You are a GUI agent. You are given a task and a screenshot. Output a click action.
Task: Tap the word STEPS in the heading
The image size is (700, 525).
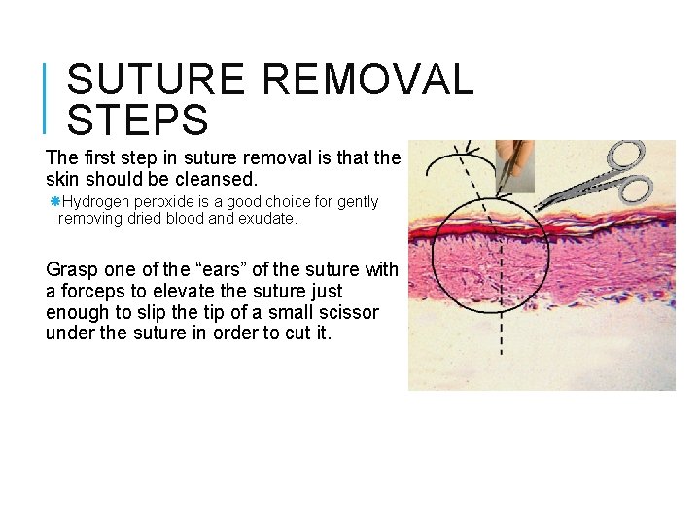click(138, 121)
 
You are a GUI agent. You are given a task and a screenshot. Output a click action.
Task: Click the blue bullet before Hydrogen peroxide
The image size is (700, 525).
click(55, 201)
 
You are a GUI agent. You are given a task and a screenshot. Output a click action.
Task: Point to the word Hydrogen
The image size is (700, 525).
click(96, 202)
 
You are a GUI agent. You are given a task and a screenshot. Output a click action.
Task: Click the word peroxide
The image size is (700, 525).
click(164, 202)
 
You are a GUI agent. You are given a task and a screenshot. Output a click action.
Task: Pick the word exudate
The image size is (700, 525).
click(267, 219)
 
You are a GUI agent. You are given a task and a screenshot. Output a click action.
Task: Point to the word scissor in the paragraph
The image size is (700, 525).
click(349, 312)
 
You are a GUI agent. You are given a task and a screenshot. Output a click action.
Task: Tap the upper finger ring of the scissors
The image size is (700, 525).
click(628, 156)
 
